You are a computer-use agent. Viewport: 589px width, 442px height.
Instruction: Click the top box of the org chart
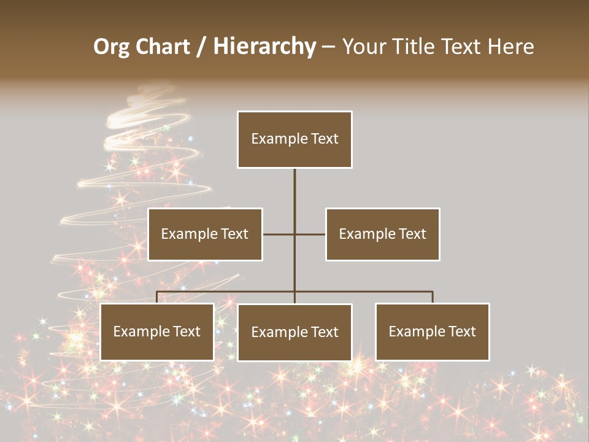click(x=294, y=139)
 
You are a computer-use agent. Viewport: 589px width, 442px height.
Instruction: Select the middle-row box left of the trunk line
click(x=205, y=234)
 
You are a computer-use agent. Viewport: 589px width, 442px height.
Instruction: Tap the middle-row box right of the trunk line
click(x=382, y=234)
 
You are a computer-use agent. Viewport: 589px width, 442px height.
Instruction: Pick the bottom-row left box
click(x=157, y=331)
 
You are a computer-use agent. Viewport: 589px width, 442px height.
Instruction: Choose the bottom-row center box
click(x=294, y=332)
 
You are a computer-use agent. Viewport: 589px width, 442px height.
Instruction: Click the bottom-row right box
click(x=433, y=331)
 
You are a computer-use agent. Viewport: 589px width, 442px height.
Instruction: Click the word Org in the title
click(x=111, y=47)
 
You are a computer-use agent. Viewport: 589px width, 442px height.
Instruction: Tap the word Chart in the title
click(x=163, y=47)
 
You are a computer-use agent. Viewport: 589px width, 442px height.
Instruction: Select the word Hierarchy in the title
click(x=264, y=47)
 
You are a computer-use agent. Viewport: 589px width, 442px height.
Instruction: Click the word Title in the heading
click(x=417, y=47)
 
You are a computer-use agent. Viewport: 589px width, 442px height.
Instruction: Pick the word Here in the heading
click(x=510, y=47)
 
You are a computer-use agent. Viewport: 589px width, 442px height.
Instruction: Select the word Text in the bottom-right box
click(x=461, y=331)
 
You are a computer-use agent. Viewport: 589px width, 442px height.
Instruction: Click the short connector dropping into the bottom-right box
click(x=433, y=297)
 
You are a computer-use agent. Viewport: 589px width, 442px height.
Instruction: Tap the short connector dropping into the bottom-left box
click(x=157, y=297)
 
